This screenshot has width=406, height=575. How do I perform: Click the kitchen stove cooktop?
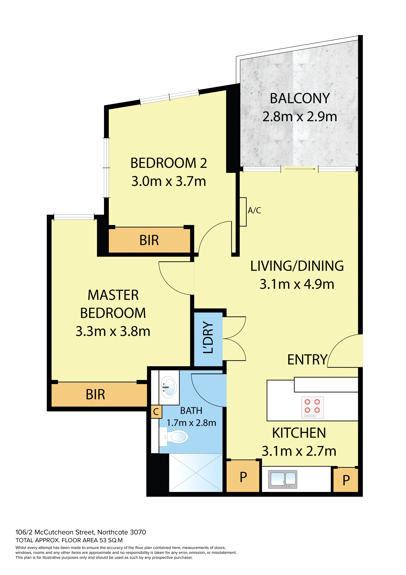click(312, 407)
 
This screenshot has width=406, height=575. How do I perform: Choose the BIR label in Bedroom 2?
click(149, 240)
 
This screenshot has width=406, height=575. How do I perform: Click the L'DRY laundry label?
click(208, 337)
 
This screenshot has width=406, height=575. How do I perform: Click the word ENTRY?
click(307, 360)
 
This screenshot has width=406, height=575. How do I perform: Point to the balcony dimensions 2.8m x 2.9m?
click(300, 117)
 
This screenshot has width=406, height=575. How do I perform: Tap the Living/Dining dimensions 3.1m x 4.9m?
click(297, 284)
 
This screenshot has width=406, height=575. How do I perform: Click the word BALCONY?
click(300, 98)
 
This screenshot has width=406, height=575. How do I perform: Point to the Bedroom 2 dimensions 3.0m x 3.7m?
click(169, 181)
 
